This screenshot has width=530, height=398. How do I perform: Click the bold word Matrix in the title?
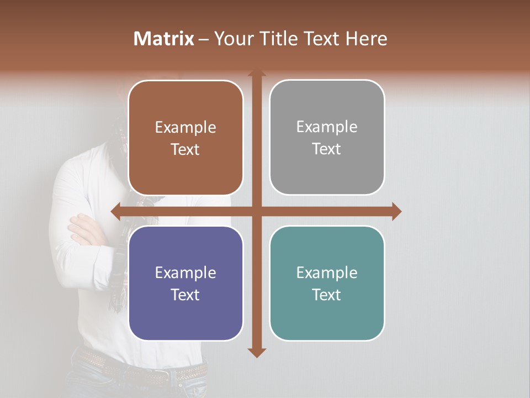pos(164,39)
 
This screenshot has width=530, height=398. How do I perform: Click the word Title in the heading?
pos(276,39)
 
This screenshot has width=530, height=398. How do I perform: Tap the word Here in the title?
pos(366,39)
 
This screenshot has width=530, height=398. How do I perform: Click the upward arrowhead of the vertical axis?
pos(256,74)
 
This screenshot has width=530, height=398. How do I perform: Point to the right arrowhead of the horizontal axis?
pos(396,211)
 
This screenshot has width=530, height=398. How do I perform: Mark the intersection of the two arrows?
pos(256,211)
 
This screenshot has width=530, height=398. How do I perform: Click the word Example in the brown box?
pos(185,128)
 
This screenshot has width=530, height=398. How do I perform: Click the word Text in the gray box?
pos(327,149)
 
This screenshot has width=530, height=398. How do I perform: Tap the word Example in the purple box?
pos(185,273)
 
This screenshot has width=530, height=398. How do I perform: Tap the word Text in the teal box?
pos(327,295)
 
